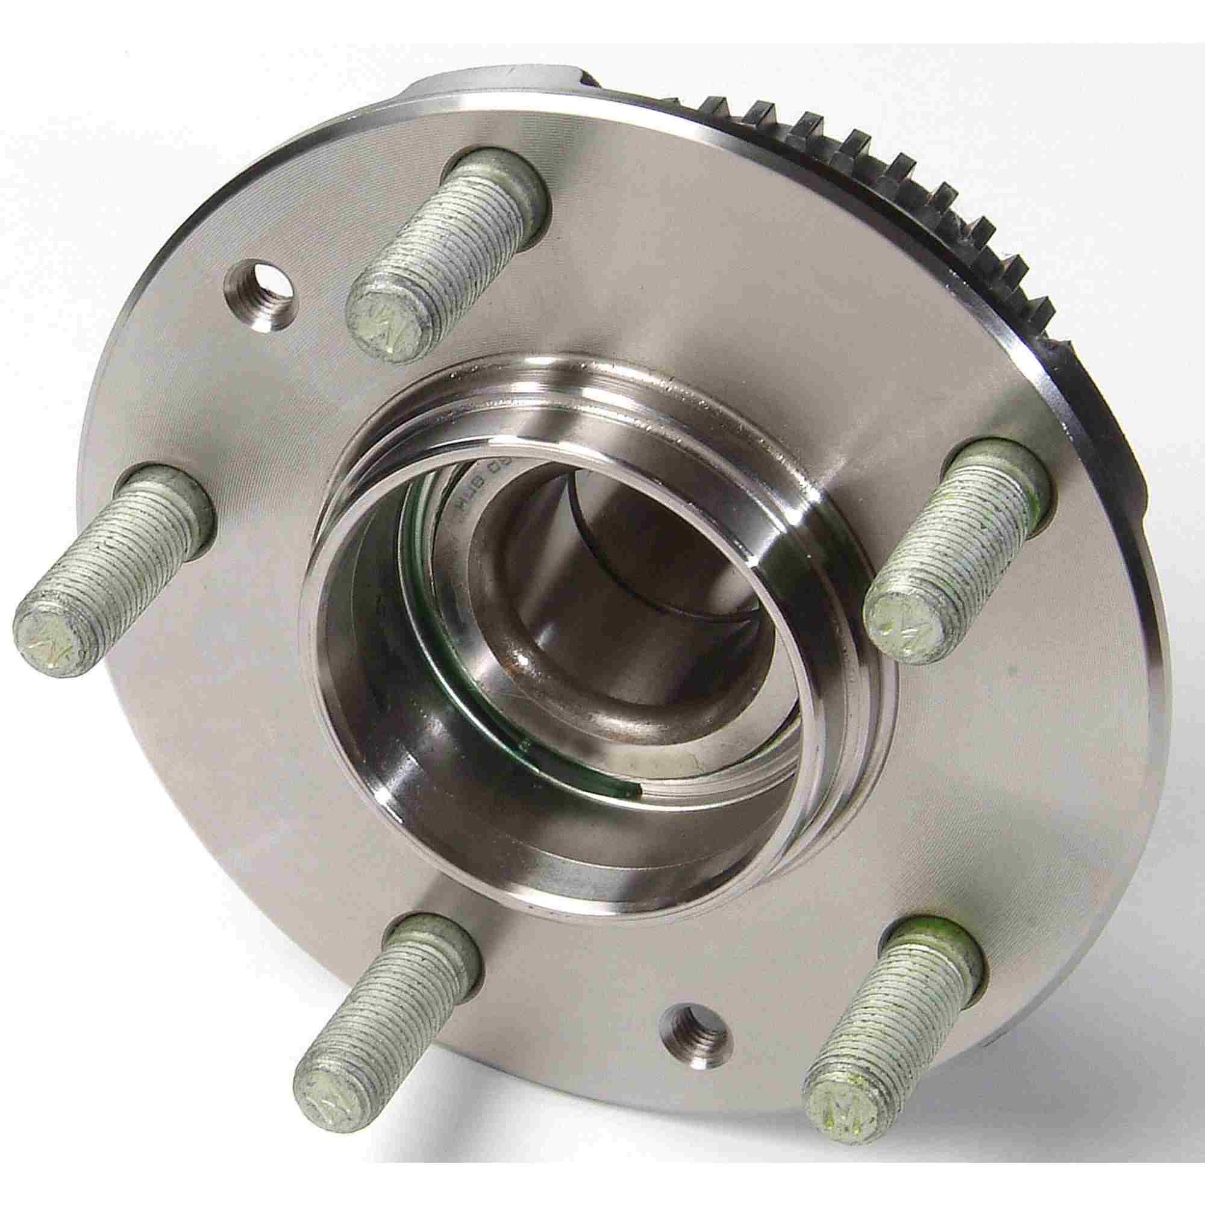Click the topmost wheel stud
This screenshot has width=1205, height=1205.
449,249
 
